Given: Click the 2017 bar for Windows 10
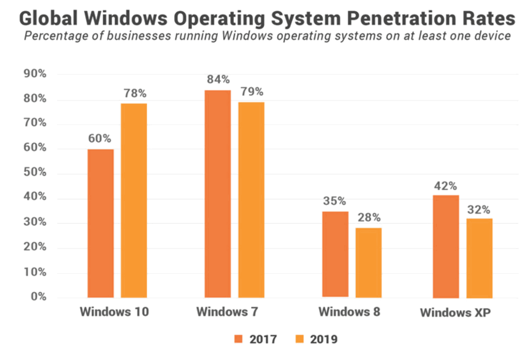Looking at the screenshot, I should coord(101,223).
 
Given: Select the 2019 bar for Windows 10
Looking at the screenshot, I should coord(134,201).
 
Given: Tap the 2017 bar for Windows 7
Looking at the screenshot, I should coord(218,194).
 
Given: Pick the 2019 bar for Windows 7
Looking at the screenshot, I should coord(251,200).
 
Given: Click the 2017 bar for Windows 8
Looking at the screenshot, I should coord(335,254).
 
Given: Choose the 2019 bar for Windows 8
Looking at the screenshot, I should coord(369,263).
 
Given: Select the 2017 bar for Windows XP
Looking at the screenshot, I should coord(446,246).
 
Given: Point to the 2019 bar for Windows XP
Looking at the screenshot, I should coord(479,258).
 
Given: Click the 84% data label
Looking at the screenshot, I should coord(218,79).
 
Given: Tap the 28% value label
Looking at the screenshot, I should coord(369,217).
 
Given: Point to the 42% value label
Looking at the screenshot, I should coord(445,186).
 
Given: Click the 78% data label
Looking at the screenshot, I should coord(135,93).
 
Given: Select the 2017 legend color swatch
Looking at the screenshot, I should coord(238,339).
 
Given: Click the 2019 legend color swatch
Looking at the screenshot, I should coord(299,339).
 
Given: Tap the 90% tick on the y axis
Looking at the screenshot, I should coord(35,74).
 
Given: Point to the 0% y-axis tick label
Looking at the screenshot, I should coord(38,296).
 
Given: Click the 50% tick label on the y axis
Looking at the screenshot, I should coord(35,172).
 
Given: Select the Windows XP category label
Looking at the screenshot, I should coord(455,313).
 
